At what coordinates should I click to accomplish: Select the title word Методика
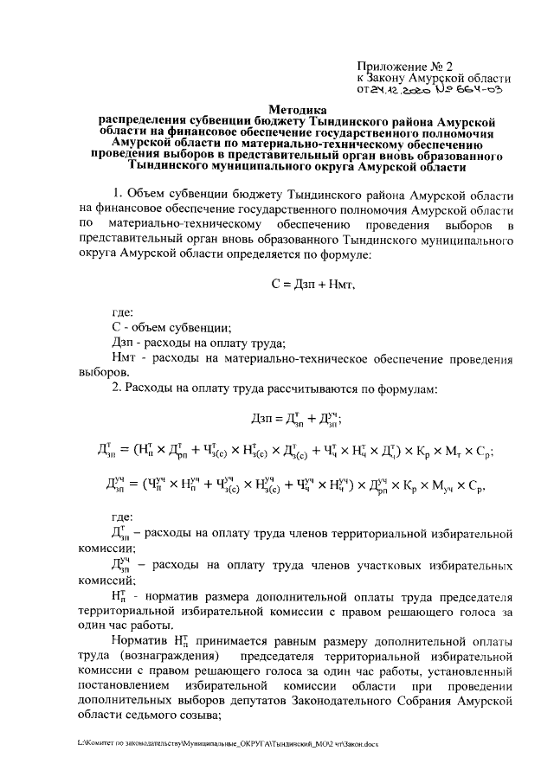(x=298, y=111)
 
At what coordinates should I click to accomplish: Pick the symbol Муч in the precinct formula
(x=446, y=483)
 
